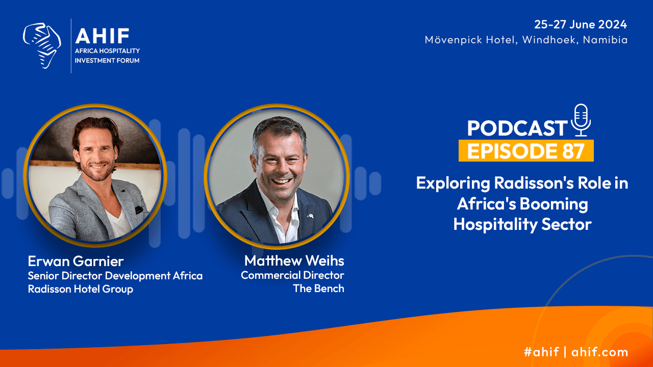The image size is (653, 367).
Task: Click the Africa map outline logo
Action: [x=42, y=46]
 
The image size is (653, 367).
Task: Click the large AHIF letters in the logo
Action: [x=103, y=36]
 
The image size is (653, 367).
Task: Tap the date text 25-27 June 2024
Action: [x=581, y=24]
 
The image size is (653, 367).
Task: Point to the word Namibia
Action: [x=605, y=40]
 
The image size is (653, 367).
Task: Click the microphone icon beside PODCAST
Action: [x=581, y=120]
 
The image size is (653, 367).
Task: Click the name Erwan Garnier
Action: [x=76, y=261]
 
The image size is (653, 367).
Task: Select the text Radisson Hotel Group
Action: [x=81, y=289]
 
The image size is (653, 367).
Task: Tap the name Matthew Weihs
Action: [x=294, y=260]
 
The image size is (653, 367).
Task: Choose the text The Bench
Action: [x=319, y=289]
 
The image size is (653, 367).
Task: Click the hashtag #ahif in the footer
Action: [x=541, y=352]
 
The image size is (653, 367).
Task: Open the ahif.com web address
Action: [x=599, y=352]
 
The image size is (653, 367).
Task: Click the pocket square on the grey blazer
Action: [x=139, y=209]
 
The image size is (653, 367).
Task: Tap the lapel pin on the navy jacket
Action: [x=310, y=216]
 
